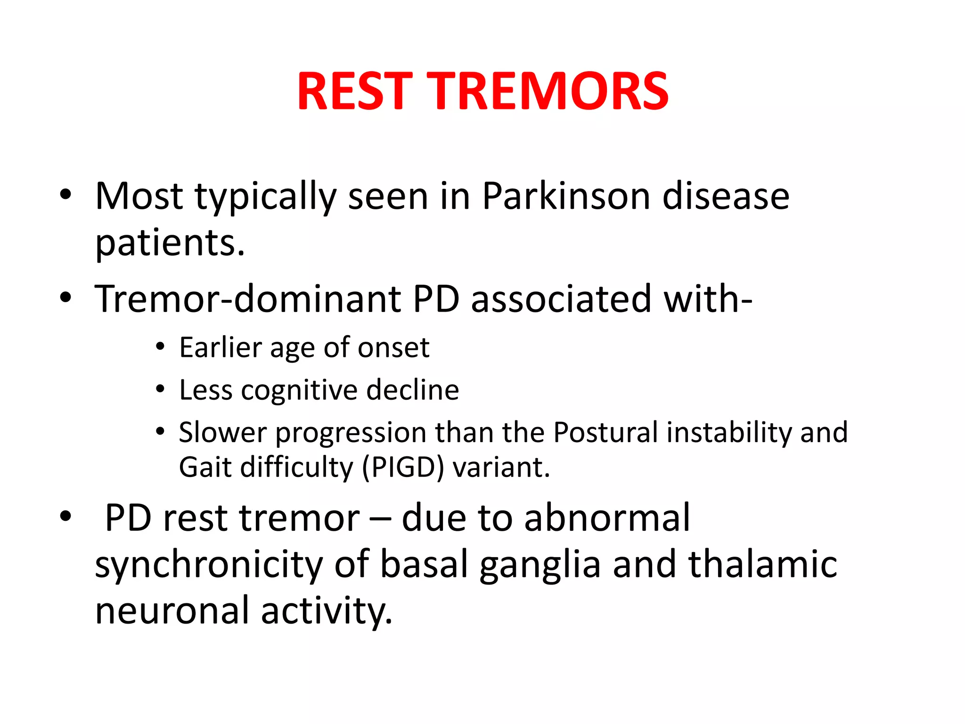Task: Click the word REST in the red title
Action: coord(354,91)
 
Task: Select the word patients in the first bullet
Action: coord(170,243)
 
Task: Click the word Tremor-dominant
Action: coord(247,299)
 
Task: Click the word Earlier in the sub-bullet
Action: coord(220,348)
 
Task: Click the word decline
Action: coord(413,390)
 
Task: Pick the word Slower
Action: coord(222,432)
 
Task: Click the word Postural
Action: coord(605,432)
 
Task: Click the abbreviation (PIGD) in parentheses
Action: coord(403,468)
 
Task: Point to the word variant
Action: coord(501,468)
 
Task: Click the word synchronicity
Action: coord(208,565)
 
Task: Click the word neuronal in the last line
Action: coord(172,610)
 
